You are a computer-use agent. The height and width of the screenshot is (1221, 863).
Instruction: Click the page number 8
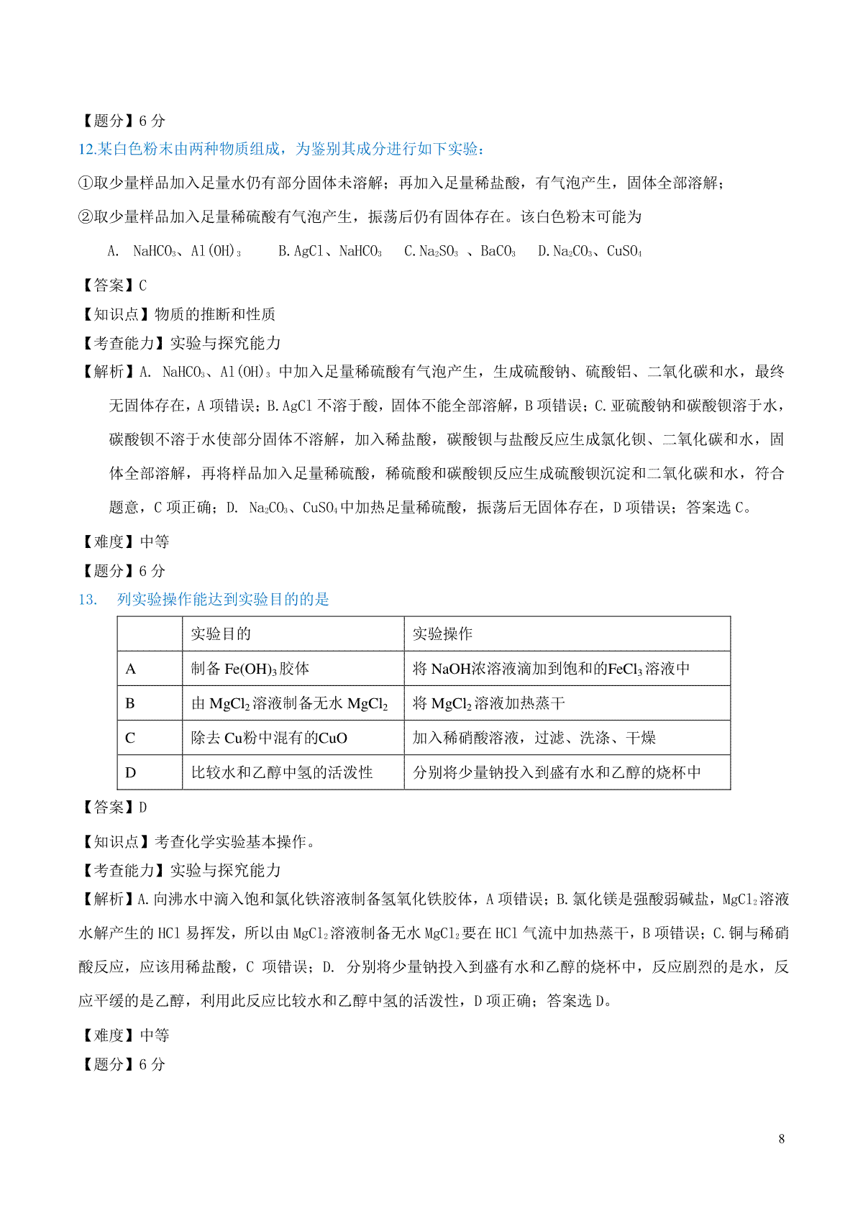(781, 1138)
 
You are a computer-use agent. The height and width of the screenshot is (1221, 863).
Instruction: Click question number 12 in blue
(87, 149)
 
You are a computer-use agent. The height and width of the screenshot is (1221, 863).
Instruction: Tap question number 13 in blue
(87, 600)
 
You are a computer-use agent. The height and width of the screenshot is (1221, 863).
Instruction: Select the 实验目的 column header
(221, 634)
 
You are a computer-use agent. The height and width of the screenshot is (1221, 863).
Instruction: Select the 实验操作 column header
(442, 634)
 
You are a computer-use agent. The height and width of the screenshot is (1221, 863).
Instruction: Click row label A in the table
(131, 669)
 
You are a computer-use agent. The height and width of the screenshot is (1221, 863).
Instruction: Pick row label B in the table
(130, 703)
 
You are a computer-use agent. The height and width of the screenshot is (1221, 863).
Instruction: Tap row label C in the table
(130, 738)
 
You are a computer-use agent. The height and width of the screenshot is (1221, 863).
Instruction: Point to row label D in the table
(130, 772)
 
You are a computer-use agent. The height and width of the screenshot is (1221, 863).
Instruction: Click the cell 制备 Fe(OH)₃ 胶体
(250, 669)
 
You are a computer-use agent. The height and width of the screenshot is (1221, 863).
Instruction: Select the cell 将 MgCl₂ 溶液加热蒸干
(489, 703)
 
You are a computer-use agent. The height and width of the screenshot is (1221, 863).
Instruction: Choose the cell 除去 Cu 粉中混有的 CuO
(269, 738)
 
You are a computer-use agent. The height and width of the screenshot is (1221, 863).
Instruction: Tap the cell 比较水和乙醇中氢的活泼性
(282, 772)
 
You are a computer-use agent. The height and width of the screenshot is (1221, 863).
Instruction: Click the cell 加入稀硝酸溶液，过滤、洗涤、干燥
(534, 738)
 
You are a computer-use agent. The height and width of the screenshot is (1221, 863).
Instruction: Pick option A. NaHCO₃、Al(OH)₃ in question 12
(174, 251)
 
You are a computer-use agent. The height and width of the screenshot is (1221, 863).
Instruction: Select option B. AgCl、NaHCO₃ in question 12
(330, 251)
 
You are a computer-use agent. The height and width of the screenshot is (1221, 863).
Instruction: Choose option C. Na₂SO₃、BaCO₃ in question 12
(460, 251)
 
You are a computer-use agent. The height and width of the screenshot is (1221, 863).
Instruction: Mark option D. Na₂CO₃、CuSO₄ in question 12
(590, 251)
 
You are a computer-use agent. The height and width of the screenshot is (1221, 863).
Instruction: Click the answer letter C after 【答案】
(143, 285)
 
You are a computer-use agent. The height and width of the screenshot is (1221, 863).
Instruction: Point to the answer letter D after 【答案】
(143, 808)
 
